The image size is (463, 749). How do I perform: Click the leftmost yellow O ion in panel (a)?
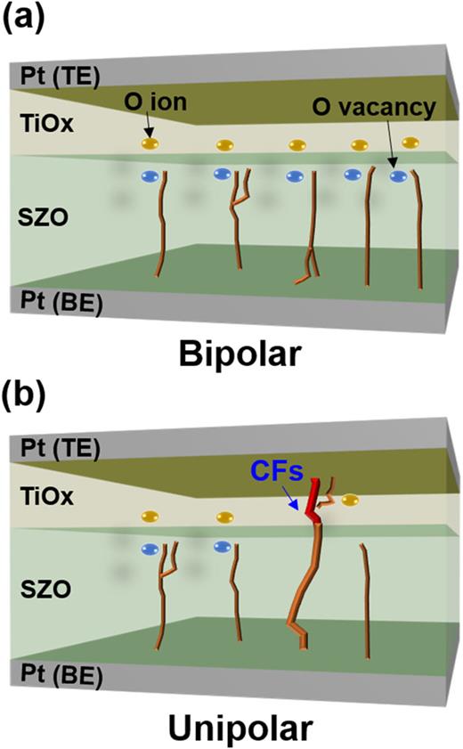pos(150,142)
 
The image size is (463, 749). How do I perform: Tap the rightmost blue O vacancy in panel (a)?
pos(399,176)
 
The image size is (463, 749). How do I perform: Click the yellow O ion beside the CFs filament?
pos(350,501)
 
